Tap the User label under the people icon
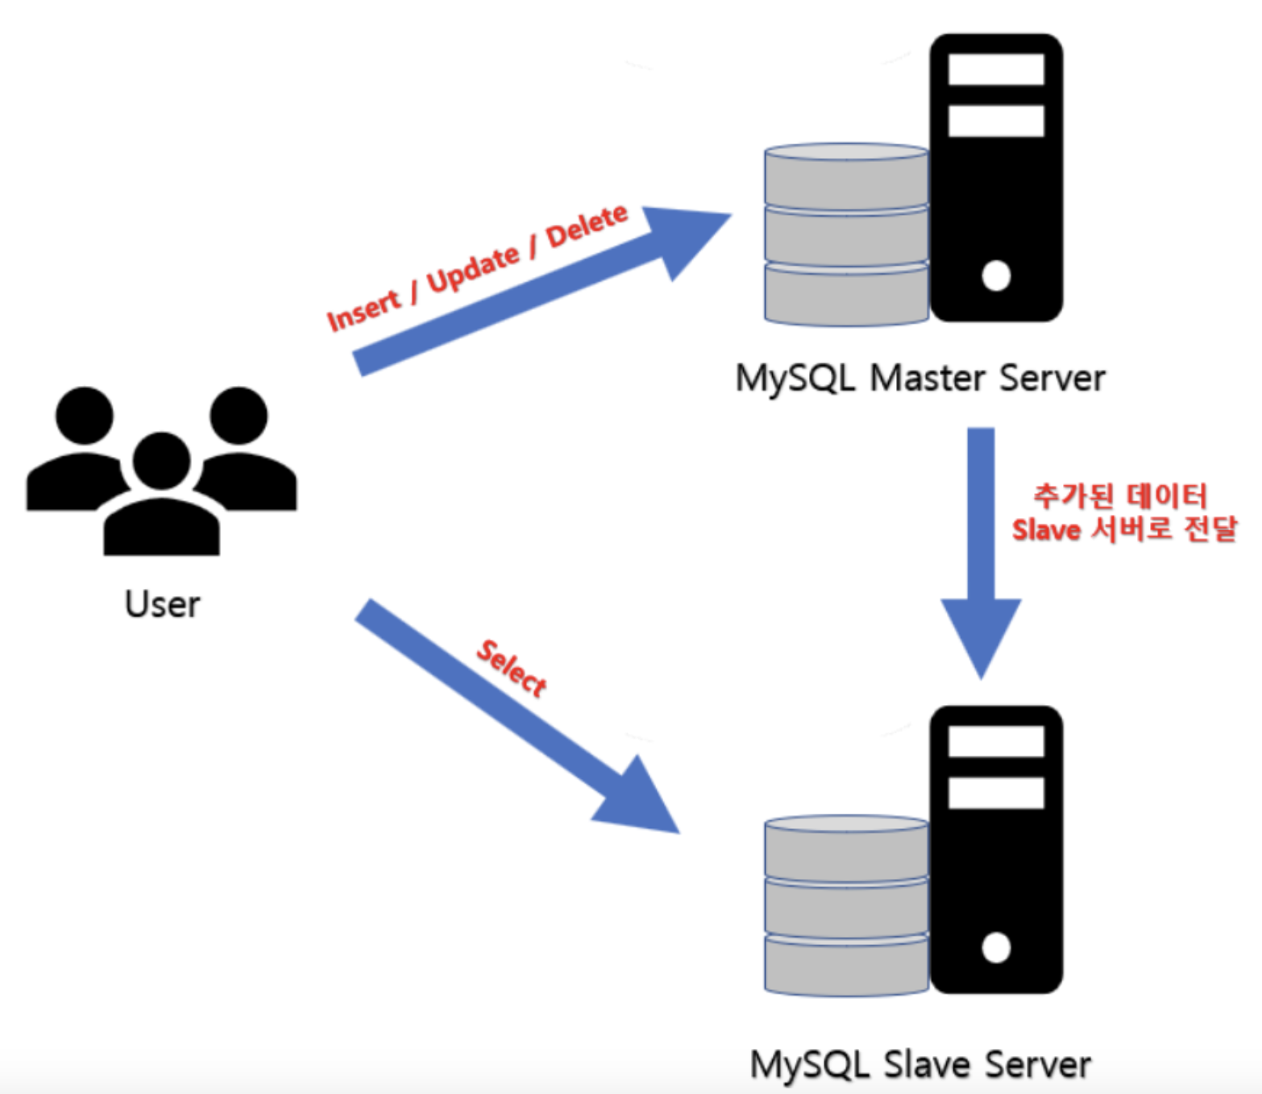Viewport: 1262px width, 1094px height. (x=162, y=604)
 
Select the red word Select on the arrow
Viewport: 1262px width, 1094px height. (x=511, y=668)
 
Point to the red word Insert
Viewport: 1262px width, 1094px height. (x=363, y=309)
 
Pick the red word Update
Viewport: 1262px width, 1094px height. (x=473, y=268)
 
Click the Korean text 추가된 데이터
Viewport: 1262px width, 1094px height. (x=1120, y=495)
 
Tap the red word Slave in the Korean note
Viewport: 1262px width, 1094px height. (x=1045, y=530)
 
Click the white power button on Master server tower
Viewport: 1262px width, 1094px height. (x=996, y=276)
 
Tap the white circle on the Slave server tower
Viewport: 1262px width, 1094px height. (x=996, y=948)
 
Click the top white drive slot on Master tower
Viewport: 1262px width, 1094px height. (x=996, y=69)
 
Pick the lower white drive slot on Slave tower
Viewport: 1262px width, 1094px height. (x=996, y=793)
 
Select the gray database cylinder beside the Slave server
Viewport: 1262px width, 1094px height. (x=846, y=906)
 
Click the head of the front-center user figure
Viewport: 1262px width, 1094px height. (x=162, y=461)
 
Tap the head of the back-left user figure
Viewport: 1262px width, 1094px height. (x=84, y=415)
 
